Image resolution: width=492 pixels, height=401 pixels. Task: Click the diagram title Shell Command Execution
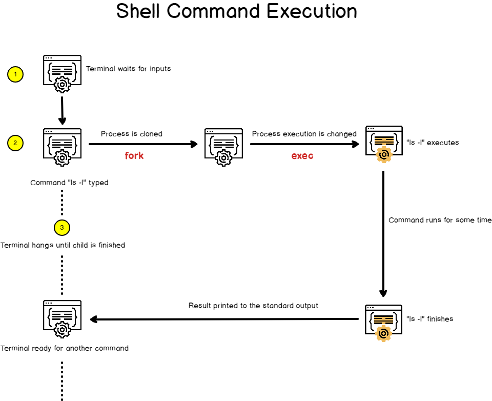point(237,11)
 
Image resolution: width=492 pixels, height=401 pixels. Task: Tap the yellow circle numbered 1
point(15,74)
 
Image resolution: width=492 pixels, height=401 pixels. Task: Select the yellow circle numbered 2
point(15,143)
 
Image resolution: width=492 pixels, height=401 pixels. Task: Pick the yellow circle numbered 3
point(61,227)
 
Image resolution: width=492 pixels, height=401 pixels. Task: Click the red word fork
point(134,155)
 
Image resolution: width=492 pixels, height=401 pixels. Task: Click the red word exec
point(302,155)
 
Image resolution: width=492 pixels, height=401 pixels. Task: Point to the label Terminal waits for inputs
point(128,69)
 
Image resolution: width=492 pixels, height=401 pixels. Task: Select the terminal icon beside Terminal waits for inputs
point(62,73)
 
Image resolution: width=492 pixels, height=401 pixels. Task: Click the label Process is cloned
point(132,134)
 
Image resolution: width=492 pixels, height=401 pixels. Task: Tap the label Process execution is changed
point(304,134)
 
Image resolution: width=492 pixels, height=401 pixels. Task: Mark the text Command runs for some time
point(440,220)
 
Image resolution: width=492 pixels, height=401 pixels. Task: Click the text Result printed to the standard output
point(253,306)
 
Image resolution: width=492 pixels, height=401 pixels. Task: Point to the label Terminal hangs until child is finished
point(63,245)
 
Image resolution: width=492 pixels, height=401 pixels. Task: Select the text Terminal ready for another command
point(65,348)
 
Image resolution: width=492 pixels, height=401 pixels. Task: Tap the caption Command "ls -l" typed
point(69,183)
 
